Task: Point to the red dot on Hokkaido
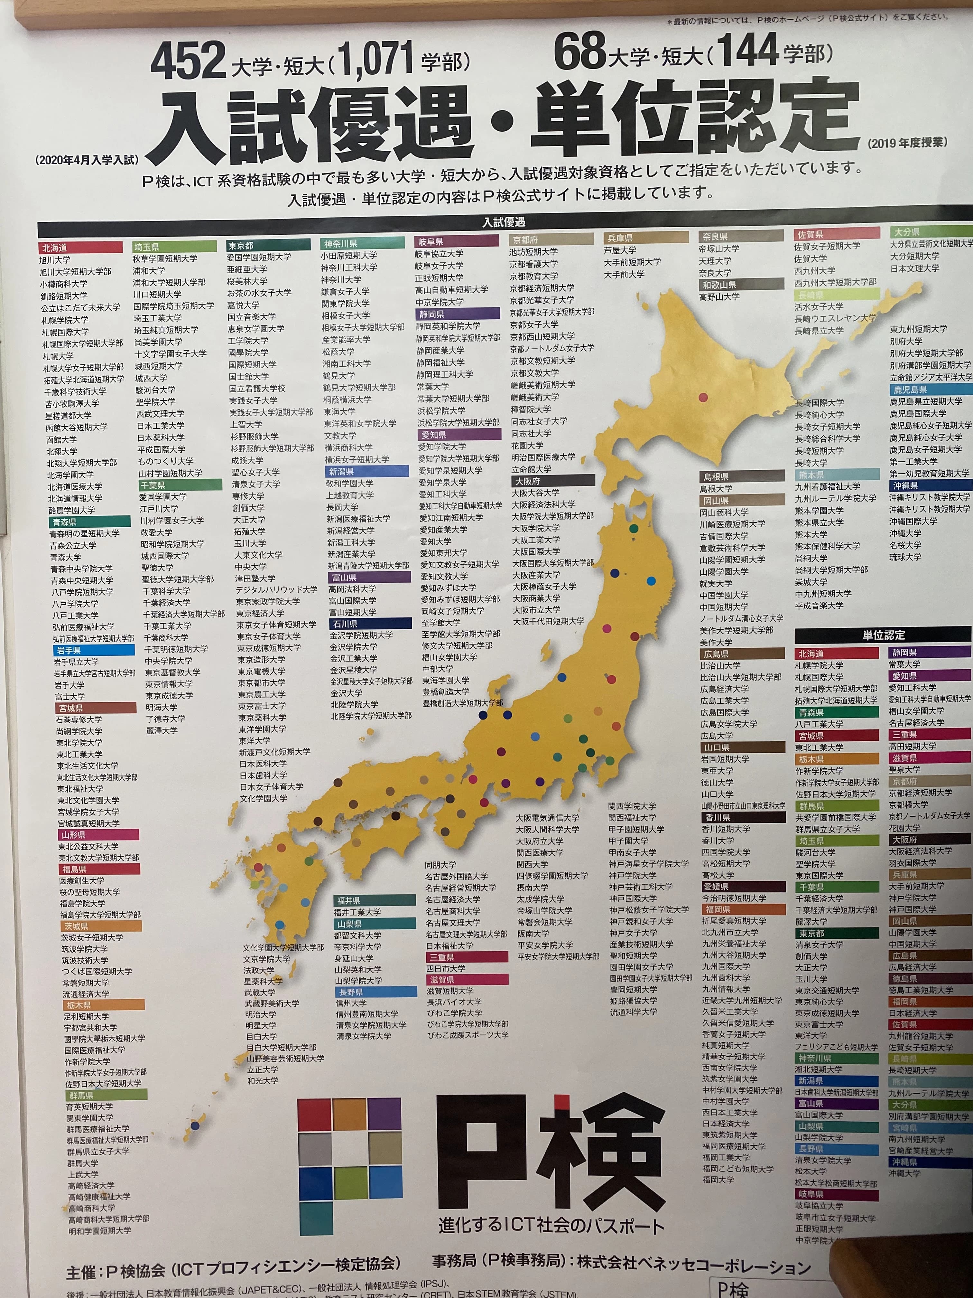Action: [703, 397]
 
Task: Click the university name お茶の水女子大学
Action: [259, 292]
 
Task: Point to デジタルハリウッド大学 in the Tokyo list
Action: [276, 589]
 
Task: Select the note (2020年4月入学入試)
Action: [87, 160]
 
